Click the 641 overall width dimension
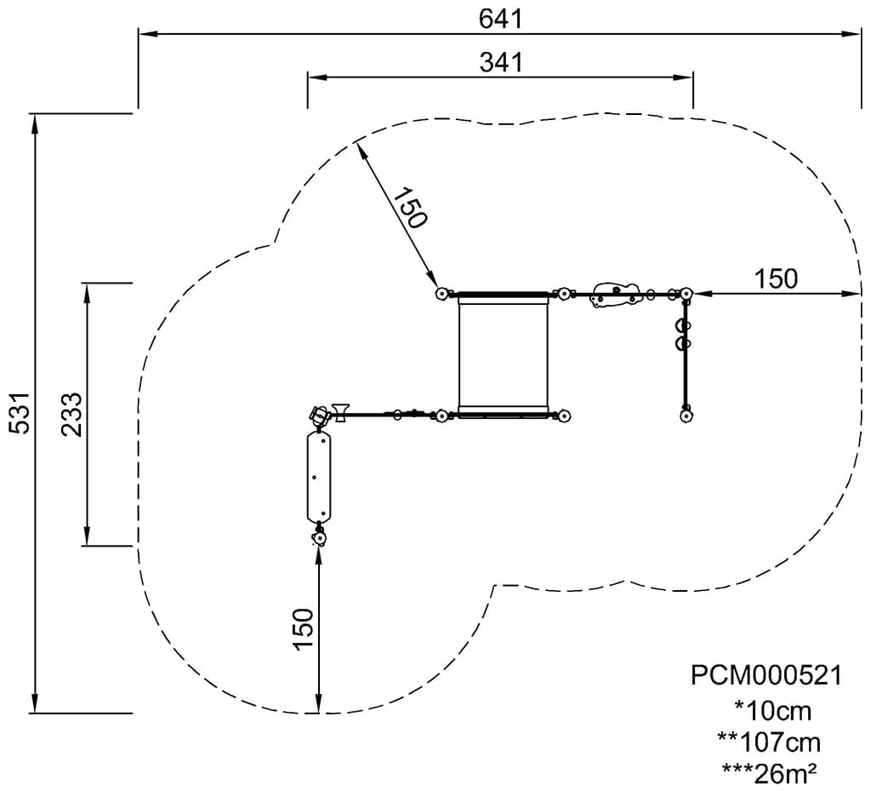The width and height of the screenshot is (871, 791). click(501, 19)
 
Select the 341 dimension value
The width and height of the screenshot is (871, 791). click(501, 62)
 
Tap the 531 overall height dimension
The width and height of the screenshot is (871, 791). click(20, 412)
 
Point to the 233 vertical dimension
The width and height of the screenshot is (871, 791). click(72, 415)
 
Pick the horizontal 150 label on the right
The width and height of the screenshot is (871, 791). click(776, 278)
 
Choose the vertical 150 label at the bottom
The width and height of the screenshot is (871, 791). click(304, 628)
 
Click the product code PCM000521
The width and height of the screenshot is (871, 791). click(766, 676)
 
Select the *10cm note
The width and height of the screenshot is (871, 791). click(772, 710)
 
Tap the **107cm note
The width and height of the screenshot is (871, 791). click(769, 742)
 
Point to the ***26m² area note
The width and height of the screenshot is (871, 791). click(769, 772)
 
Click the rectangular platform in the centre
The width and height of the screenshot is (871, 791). click(504, 355)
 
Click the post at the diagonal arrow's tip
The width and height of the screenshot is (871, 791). click(441, 294)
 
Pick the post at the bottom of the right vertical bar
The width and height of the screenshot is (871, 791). click(686, 416)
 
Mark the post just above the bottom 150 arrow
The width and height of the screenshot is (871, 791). click(319, 538)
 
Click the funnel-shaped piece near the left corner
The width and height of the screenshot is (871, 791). click(340, 412)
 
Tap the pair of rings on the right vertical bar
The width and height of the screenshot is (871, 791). click(681, 334)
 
